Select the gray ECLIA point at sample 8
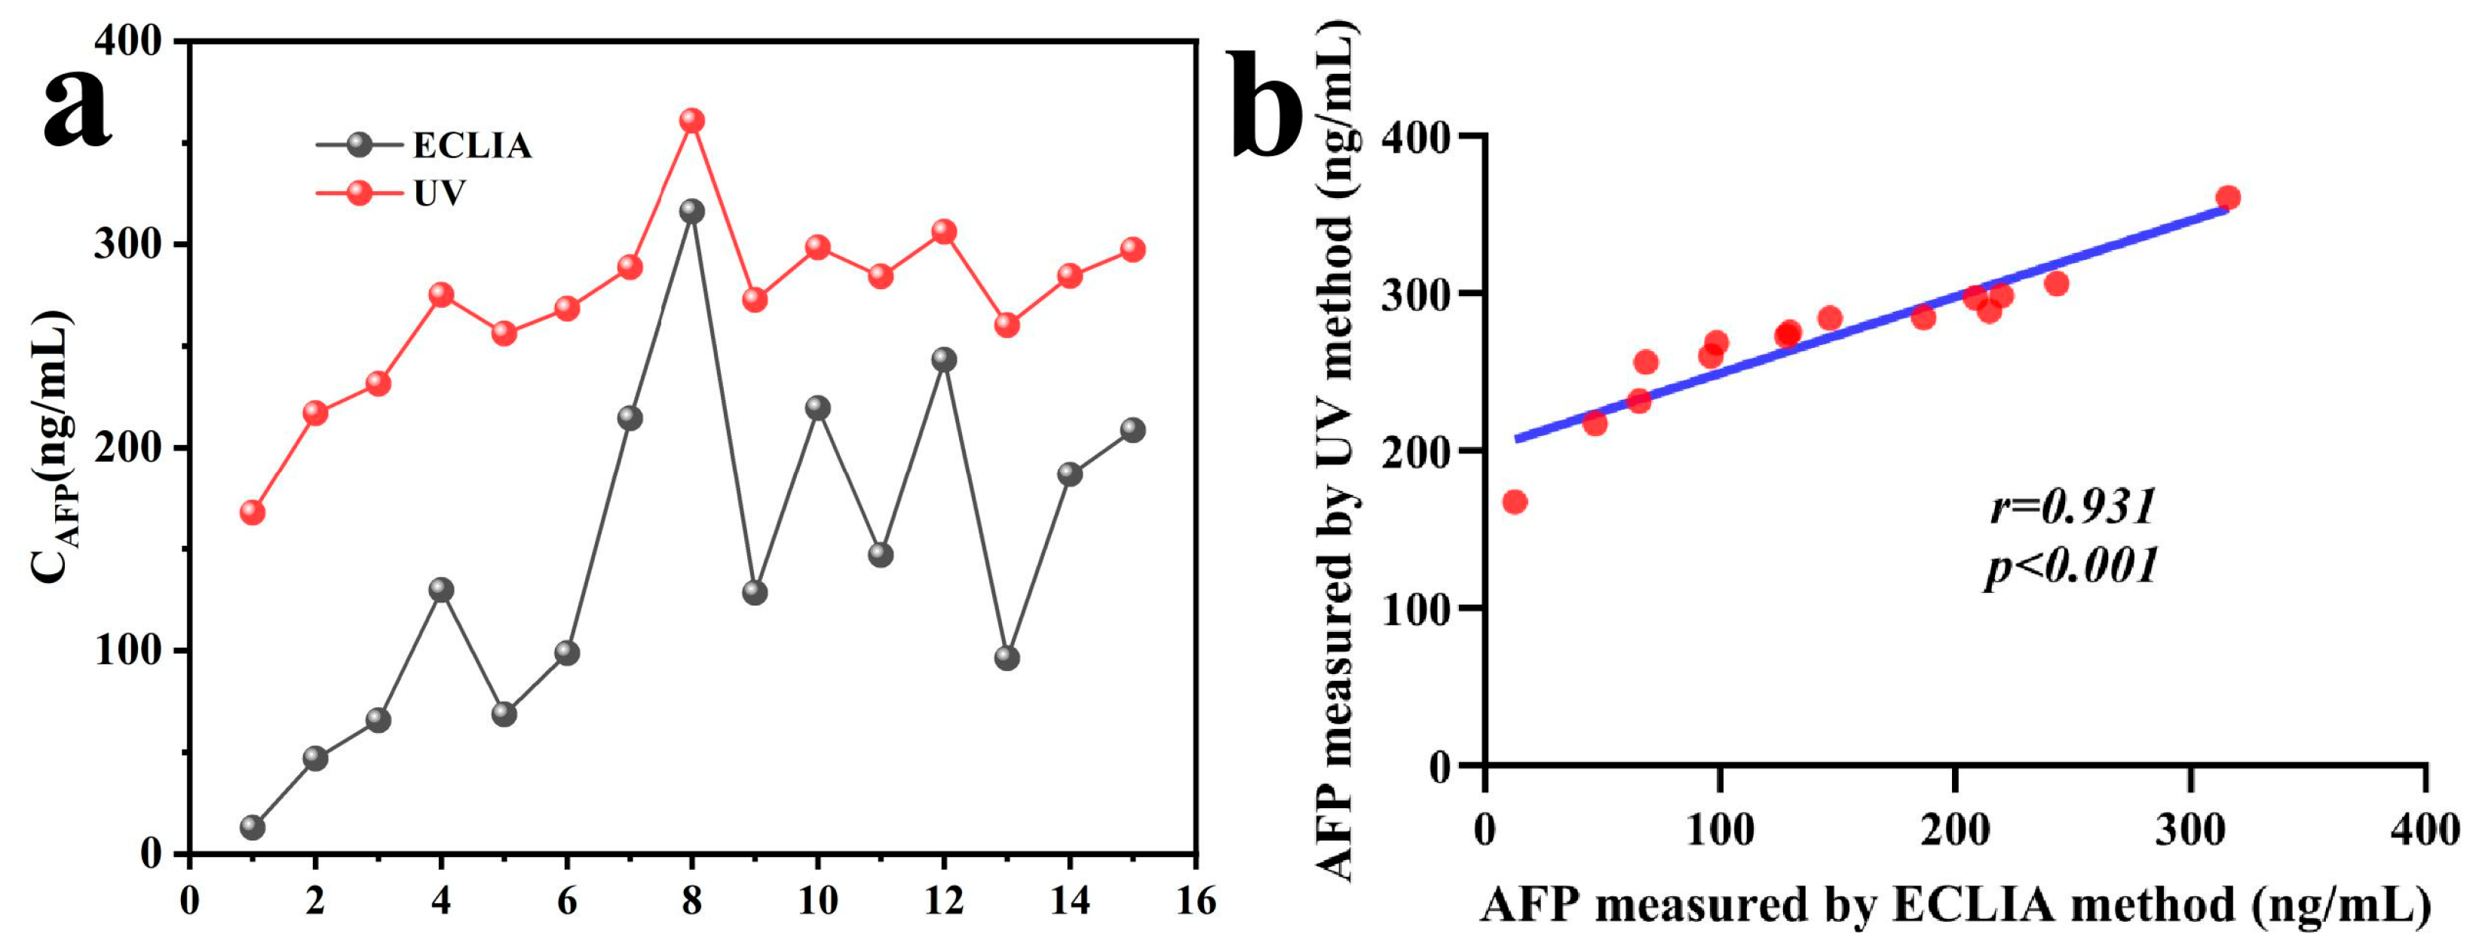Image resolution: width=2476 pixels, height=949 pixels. [692, 210]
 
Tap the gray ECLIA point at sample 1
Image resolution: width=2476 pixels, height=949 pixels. [253, 827]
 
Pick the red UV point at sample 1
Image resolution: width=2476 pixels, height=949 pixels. [253, 512]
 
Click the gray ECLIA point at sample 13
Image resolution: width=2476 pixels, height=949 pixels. [1007, 658]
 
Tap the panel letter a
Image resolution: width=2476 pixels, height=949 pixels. [77, 108]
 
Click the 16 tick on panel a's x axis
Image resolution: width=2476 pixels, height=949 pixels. [1196, 901]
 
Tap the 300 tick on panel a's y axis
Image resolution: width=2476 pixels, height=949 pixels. [126, 245]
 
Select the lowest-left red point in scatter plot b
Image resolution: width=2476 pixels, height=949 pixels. [1515, 502]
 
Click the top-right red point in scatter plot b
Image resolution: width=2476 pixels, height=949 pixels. [2228, 198]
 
